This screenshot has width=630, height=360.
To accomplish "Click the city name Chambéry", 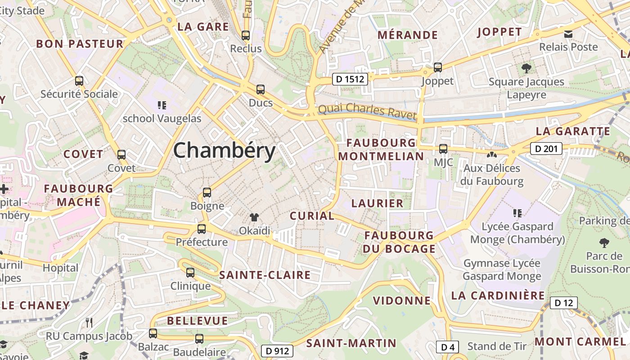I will [x=224, y=150].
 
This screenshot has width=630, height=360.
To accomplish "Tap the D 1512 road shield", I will [x=351, y=79].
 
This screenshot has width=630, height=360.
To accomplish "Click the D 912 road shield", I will [x=277, y=351].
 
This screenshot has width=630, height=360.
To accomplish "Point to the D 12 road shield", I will [x=563, y=303].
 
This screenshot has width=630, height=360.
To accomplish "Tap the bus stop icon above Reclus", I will [x=246, y=35].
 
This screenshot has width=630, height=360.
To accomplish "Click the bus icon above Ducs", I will [x=260, y=90].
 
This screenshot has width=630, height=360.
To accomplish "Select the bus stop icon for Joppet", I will [x=437, y=67].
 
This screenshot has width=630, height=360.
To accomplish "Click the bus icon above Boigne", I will [x=207, y=193].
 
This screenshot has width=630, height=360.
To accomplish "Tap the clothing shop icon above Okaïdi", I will [x=254, y=218].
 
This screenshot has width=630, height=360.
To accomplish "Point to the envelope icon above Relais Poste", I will [x=568, y=34].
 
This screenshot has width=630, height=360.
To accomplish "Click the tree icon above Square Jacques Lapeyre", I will [x=526, y=68].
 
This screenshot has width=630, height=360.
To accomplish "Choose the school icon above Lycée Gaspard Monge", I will [x=517, y=213].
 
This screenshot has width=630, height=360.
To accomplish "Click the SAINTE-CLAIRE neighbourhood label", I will [x=265, y=275].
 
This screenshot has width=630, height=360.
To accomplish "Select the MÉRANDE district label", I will [x=408, y=35].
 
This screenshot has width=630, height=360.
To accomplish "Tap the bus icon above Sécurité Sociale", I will [x=79, y=81].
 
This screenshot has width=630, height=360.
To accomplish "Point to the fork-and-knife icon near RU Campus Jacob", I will [x=89, y=322].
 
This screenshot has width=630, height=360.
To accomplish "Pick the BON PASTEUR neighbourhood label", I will [x=80, y=44].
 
